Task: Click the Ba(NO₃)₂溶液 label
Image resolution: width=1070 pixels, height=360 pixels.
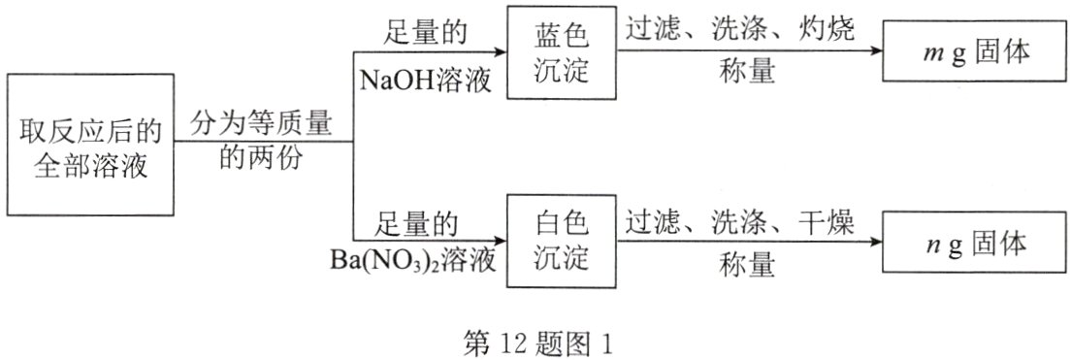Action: (x=413, y=262)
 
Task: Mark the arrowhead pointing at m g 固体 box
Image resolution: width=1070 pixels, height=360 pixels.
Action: (x=875, y=51)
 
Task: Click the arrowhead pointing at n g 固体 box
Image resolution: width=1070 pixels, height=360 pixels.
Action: (x=875, y=243)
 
